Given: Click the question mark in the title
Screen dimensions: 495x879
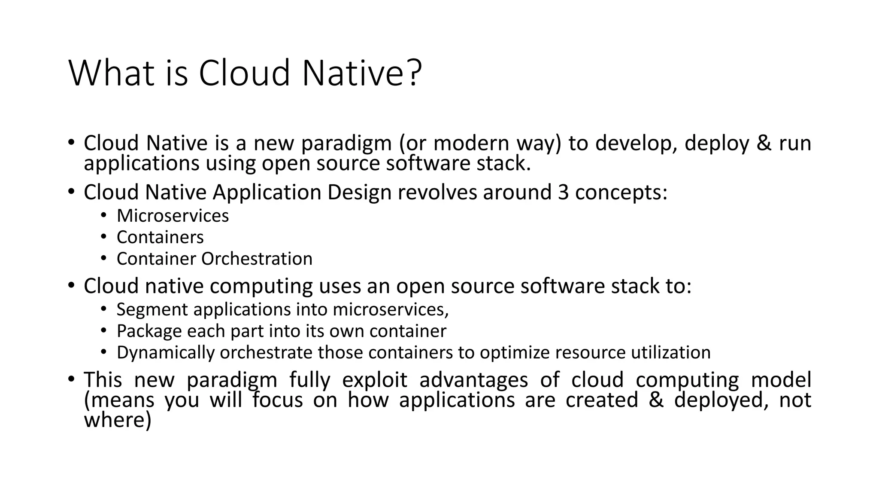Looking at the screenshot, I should point(414,73).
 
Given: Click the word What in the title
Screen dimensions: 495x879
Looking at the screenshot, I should point(111,73).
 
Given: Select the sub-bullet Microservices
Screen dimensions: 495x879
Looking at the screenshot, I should point(173,216).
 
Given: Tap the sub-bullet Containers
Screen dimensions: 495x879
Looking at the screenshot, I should point(160,237).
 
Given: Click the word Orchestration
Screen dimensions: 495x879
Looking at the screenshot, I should point(257,259).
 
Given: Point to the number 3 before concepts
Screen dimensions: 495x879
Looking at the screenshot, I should point(563,192).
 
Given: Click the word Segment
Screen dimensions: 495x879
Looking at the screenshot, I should point(152,309).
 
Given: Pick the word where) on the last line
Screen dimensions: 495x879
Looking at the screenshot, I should point(118,420).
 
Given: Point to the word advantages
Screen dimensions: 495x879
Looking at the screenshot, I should point(473,380).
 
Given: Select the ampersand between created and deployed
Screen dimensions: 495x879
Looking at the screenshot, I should point(656,400).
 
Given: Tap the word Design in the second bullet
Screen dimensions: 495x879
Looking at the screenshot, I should point(359,192).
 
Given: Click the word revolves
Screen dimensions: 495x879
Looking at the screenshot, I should point(437,192).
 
